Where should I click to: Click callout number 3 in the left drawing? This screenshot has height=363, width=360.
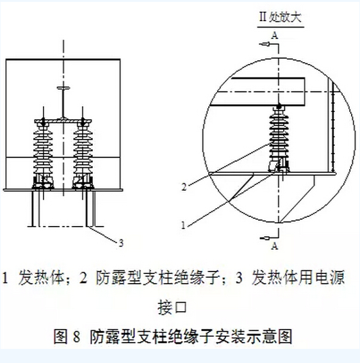tap(121, 243)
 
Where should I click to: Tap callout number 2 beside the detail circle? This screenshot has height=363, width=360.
tap(184, 186)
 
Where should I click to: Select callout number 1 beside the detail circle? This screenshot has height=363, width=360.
tap(183, 225)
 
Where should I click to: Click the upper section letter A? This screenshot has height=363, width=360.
tap(275, 35)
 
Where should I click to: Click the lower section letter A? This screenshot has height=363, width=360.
tap(275, 246)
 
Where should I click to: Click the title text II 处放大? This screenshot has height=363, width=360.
tap(281, 17)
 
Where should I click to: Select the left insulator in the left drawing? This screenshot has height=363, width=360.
tap(43, 154)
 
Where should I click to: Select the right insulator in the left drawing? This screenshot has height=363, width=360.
tap(83, 154)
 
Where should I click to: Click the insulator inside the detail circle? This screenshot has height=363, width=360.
tap(279, 139)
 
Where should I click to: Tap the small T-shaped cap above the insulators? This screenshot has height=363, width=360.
tap(63, 88)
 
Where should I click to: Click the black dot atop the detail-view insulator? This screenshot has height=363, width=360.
tap(279, 106)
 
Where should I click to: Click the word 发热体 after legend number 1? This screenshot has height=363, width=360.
tap(41, 277)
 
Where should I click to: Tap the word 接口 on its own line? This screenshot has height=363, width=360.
tap(172, 307)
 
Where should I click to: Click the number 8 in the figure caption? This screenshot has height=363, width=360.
tap(77, 336)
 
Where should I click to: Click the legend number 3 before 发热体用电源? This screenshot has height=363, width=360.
tap(239, 278)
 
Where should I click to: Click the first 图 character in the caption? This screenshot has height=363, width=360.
tap(61, 336)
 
